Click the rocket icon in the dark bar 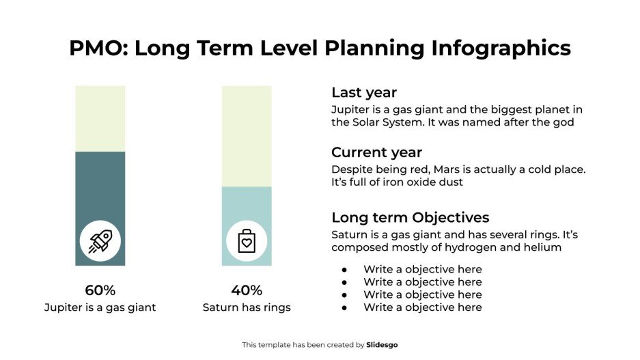[x=100, y=240]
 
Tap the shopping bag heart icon [x=247, y=240]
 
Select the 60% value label [x=100, y=290]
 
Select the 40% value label [x=247, y=290]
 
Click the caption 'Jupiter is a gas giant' [x=100, y=307]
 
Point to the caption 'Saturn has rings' [x=247, y=307]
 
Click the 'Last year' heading [x=363, y=93]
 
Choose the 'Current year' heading [x=376, y=152]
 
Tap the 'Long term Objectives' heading [x=410, y=217]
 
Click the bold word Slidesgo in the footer [x=381, y=345]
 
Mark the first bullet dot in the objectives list [x=345, y=269]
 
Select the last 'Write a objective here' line [x=422, y=307]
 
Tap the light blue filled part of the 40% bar [x=247, y=205]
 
